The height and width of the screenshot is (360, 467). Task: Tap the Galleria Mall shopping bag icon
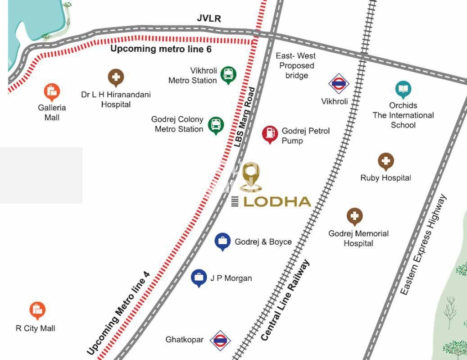pos(52,92)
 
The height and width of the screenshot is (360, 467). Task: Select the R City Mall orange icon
pos(37,310)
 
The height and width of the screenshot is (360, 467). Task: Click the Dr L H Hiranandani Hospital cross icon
pos(116,77)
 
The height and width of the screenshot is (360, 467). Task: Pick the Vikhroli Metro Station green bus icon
pos(228,75)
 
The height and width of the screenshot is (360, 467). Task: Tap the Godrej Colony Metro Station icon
pos(216,125)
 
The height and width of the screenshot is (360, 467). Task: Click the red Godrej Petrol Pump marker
pos(270,133)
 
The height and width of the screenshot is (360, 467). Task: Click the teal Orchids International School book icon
pos(403,89)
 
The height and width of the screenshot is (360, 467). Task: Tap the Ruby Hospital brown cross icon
pos(385,161)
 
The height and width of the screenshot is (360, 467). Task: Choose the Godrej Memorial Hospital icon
pos(354,217)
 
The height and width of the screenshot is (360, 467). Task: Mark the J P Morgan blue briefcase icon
pos(199,278)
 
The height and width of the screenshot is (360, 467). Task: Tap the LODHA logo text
pos(277,201)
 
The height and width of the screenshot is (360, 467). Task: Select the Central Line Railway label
pos(286,301)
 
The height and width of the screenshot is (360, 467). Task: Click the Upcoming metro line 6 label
pos(161,49)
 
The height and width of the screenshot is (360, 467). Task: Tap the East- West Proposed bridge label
pos(296,66)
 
